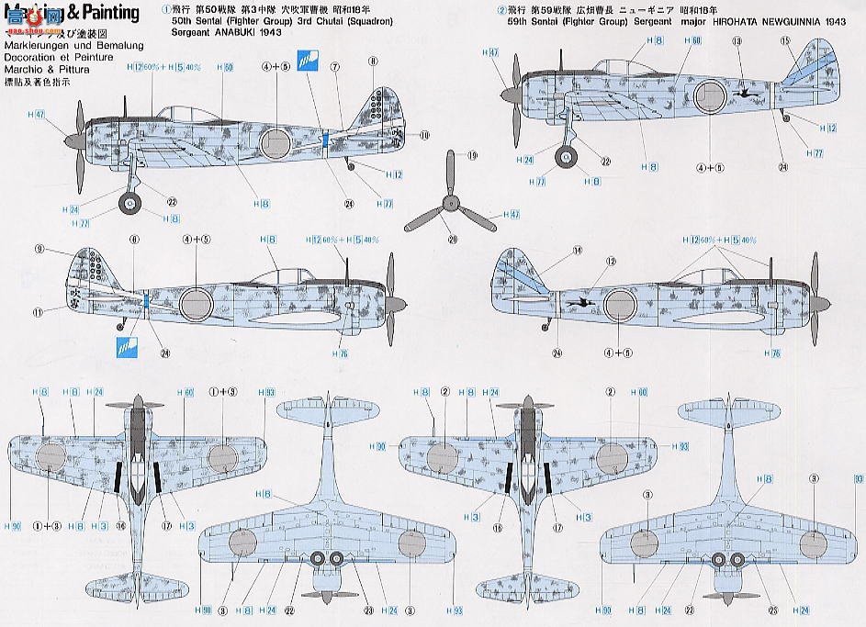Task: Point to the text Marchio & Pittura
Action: (x=39, y=65)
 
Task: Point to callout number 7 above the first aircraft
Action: (x=336, y=66)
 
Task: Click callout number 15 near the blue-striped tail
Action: (x=785, y=40)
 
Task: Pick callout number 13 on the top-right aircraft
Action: (x=737, y=41)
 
